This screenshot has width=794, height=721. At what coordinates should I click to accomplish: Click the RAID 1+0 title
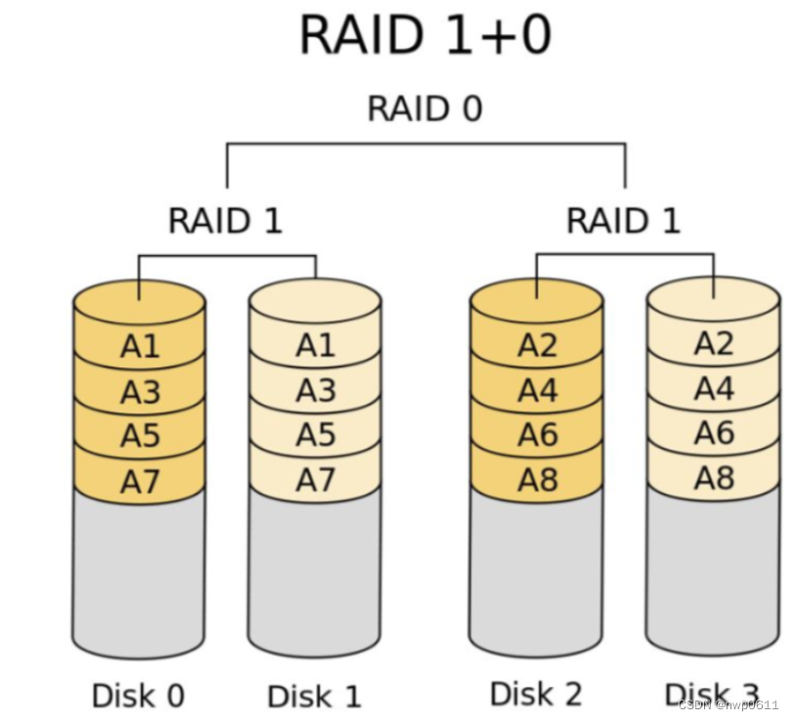[x=425, y=34]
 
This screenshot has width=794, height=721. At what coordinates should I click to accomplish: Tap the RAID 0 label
[x=424, y=108]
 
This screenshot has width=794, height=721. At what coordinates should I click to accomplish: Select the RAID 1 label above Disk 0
[x=225, y=221]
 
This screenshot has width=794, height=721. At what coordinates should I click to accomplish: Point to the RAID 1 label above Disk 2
[x=623, y=221]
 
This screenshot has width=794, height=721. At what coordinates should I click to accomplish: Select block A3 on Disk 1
[x=315, y=391]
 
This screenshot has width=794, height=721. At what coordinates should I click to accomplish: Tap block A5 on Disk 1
[x=315, y=434]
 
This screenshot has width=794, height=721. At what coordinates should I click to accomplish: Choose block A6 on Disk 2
[x=537, y=434]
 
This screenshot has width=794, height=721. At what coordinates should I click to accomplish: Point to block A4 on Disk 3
[x=713, y=389]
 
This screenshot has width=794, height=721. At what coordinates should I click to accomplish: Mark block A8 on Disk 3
[x=713, y=478]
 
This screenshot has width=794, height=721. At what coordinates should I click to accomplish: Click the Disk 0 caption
[x=138, y=696]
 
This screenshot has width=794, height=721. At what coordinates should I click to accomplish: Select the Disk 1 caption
[x=314, y=696]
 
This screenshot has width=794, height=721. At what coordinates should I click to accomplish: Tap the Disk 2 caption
[x=536, y=694]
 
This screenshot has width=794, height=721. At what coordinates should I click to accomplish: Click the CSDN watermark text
[x=728, y=704]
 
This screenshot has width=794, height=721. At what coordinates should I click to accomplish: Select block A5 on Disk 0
[x=139, y=435]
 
